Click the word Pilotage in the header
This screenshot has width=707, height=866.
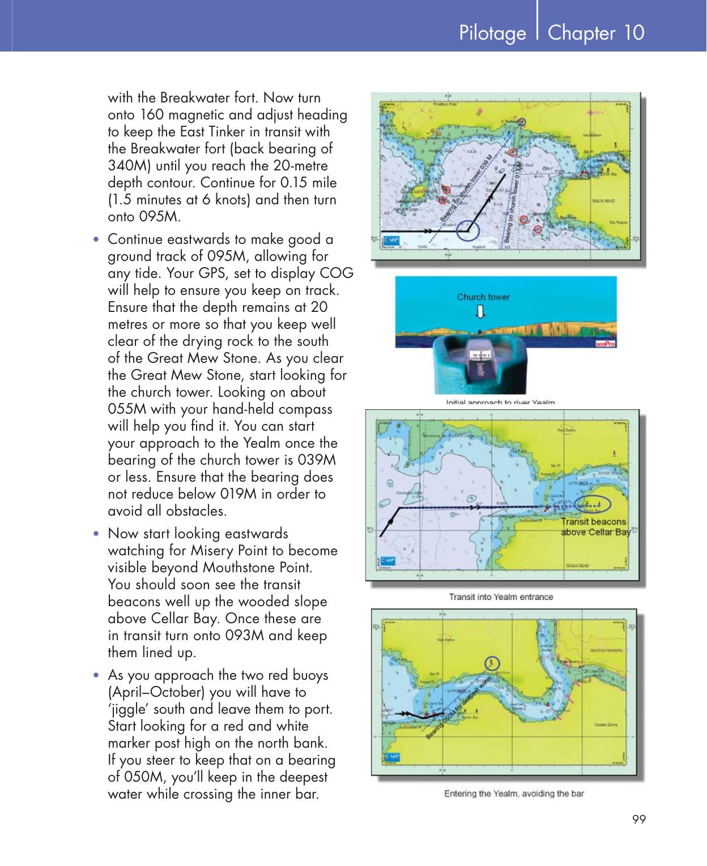(x=492, y=33)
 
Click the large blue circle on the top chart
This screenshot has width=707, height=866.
(x=467, y=230)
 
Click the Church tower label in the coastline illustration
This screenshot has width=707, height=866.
(x=483, y=297)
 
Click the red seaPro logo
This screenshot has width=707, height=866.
(x=606, y=343)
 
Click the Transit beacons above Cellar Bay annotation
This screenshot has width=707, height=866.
(x=595, y=526)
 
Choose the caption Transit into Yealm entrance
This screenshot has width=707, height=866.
(x=501, y=597)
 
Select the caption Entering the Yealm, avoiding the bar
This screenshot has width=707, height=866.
(x=514, y=793)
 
